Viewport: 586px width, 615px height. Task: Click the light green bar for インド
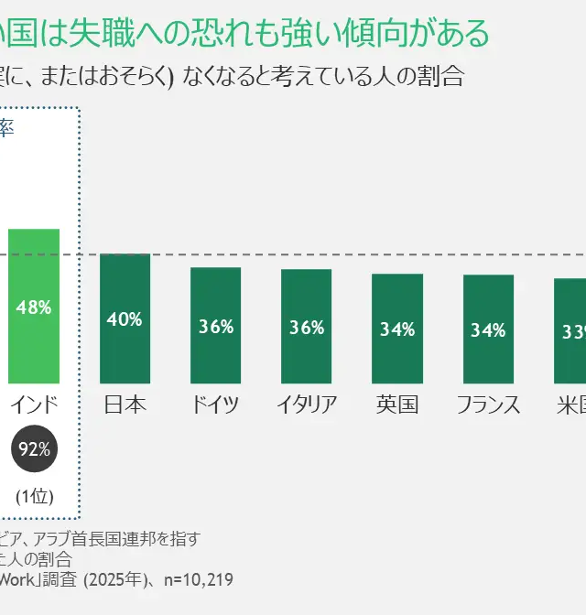pos(34,306)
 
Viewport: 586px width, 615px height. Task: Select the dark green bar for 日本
pos(125,318)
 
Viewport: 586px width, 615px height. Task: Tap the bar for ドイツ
pos(215,325)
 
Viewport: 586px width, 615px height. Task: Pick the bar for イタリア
pos(306,326)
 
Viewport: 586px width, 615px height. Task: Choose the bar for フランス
pos(488,329)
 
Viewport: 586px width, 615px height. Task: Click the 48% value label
pos(34,307)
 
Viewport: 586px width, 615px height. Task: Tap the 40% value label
pos(125,319)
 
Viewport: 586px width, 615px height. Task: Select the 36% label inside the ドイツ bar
pos(216,327)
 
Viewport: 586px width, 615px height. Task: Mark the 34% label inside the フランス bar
pos(488,330)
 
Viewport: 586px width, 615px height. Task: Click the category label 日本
pos(125,405)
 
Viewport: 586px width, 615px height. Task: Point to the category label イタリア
pos(307,405)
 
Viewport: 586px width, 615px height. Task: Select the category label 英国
pos(397,405)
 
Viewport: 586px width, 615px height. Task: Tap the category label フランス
pos(488,405)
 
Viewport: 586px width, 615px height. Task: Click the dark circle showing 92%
pos(35,448)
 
